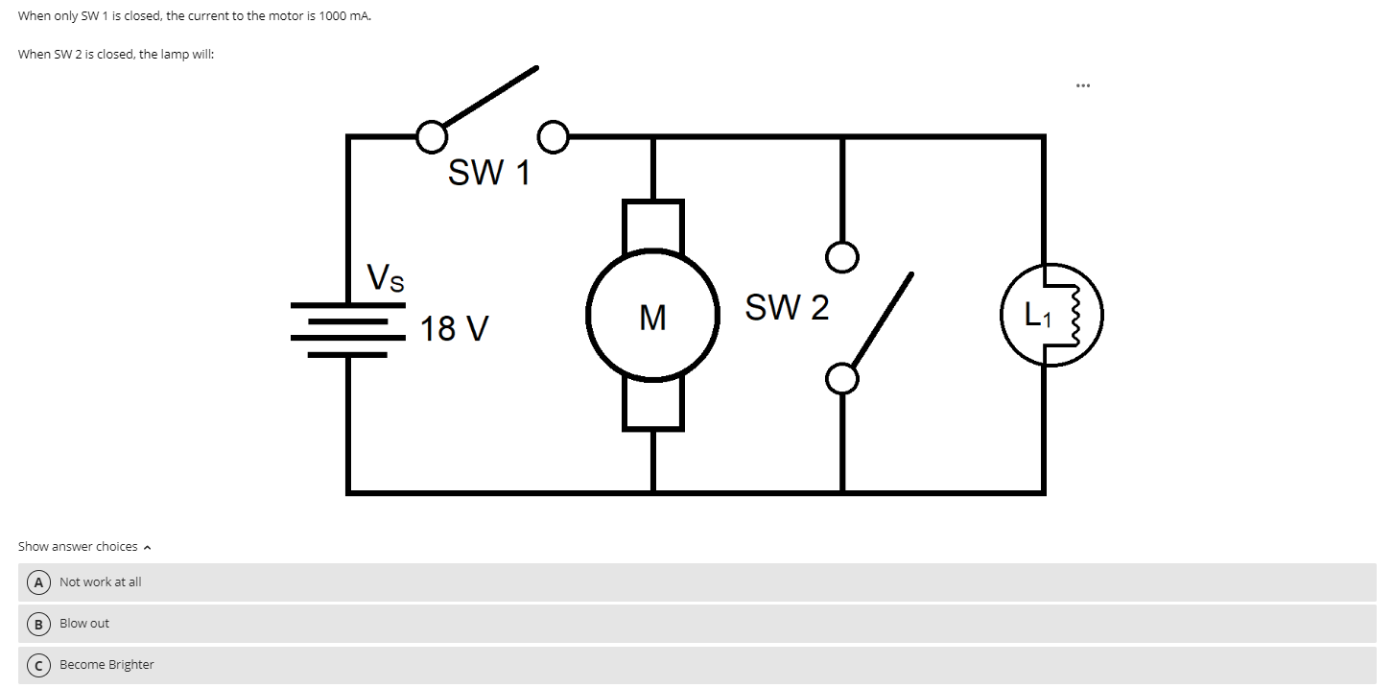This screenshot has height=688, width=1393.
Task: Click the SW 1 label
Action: (x=488, y=174)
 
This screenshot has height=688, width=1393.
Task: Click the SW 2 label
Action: (x=787, y=308)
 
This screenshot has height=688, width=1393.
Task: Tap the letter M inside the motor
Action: (x=652, y=317)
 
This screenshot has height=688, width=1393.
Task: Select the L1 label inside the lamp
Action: (x=1037, y=315)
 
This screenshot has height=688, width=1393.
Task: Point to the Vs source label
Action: (x=386, y=277)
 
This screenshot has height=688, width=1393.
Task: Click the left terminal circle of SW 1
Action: (x=430, y=136)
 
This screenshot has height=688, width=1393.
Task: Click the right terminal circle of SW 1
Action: (x=554, y=136)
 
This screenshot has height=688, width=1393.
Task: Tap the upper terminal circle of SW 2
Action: (x=841, y=256)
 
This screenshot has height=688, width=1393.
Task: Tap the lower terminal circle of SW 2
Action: (x=841, y=379)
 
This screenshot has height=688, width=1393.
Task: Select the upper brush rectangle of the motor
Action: (x=653, y=225)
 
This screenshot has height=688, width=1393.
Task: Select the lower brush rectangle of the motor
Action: (x=653, y=404)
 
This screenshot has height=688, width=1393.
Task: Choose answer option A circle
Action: (x=38, y=582)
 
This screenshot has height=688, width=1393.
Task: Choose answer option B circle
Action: (x=38, y=624)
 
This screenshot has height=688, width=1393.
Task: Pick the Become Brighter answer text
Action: (x=106, y=665)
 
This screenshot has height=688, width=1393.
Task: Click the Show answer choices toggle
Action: (x=84, y=547)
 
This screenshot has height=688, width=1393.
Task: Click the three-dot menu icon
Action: (x=1082, y=85)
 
